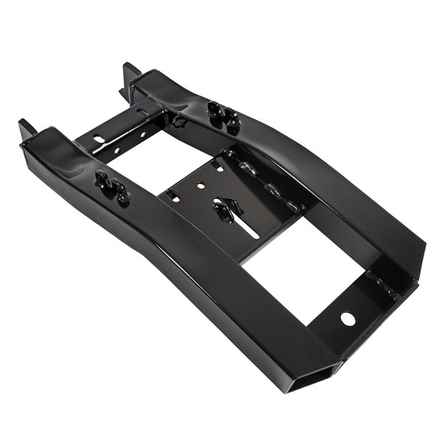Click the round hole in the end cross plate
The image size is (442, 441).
(347, 318)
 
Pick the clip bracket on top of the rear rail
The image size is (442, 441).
(223, 116)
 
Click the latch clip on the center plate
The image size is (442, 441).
(225, 210)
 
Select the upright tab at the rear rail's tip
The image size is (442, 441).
(131, 74)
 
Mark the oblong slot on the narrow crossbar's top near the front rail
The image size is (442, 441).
(99, 139)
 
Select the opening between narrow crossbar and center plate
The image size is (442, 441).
(151, 166)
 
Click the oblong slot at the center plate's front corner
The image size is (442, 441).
(172, 197)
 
